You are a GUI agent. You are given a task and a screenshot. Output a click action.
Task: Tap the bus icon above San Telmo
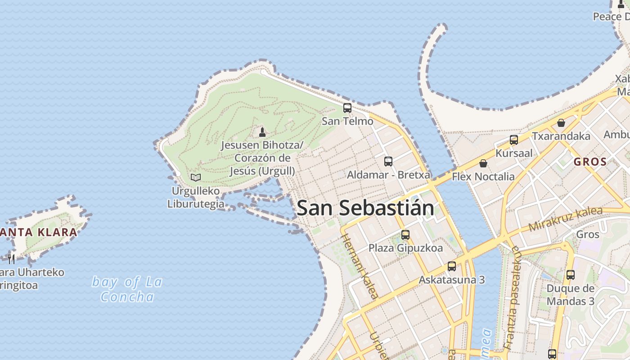347,108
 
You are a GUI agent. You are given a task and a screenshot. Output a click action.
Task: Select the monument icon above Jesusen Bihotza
262,132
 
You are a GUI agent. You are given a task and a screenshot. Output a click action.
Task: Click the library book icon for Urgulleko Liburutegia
195,177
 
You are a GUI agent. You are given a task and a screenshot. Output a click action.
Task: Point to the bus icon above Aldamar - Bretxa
388,161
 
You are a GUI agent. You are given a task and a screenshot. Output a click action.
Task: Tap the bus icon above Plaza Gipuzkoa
405,234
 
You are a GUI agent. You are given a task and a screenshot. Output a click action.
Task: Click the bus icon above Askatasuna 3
451,266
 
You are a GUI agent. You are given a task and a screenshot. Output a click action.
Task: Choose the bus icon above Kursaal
513,140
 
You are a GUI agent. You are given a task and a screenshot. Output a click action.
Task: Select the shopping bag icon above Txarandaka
561,123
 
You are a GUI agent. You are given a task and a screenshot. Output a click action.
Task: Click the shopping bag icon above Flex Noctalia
483,163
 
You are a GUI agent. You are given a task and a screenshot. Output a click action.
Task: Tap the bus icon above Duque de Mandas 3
570,274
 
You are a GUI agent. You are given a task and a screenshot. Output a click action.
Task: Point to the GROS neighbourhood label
590,162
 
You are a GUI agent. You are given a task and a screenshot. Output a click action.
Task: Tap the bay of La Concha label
127,289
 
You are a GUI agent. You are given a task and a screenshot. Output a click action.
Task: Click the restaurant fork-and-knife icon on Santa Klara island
11,259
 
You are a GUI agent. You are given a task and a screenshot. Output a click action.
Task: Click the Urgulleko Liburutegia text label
196,198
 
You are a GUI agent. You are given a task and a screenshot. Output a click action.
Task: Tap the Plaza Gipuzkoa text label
405,248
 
